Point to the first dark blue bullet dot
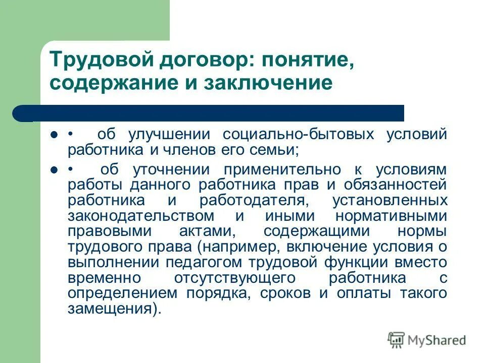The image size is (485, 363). click(x=54, y=136)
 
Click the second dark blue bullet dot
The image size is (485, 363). click(x=54, y=170)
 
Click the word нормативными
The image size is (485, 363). click(x=392, y=215)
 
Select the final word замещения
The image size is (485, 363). click(x=112, y=309)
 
